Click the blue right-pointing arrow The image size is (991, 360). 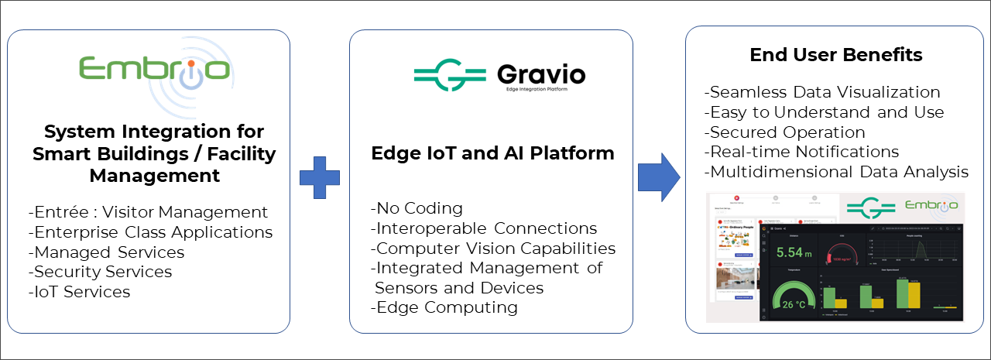click(x=659, y=177)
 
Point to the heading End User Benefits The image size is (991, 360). click(x=836, y=55)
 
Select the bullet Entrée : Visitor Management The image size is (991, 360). click(x=148, y=211)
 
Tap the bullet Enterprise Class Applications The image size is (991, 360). click(x=150, y=231)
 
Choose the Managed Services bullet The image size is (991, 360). click(x=106, y=252)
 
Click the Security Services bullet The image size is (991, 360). click(x=100, y=272)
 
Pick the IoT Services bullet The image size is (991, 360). click(x=79, y=292)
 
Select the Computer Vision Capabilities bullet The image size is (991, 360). click(x=493, y=249)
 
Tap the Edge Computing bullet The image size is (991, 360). click(x=444, y=307)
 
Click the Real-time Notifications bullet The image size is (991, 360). click(x=801, y=152)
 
